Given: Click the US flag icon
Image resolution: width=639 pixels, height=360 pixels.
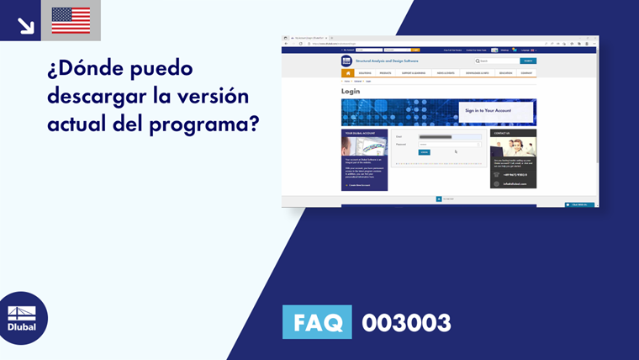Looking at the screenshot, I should pos(71,20).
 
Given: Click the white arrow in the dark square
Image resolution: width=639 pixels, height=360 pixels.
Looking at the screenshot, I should pos(25,24).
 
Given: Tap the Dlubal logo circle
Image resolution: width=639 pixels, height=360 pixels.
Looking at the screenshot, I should pos(22,318).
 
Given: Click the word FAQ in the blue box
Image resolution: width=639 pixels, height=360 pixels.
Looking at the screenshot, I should pos(317,323).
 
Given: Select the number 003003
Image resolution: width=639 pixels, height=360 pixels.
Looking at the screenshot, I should pos(406,323).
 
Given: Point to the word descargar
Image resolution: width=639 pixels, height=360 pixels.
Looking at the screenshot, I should pos(98,96).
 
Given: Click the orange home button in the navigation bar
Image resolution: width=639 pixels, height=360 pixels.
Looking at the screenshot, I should pos(347,73).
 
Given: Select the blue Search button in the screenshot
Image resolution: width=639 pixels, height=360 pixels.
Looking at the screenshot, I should pos(528,61).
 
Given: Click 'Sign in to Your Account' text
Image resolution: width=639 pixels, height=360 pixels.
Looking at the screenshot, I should pos(488,110).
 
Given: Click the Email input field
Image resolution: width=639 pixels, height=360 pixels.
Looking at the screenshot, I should pos(450,136).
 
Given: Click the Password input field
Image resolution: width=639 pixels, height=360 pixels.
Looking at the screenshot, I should pos(450,145).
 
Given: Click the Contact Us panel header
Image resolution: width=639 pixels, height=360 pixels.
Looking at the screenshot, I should pos(513,133).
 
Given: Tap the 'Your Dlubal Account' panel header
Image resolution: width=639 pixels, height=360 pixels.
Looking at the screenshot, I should pos(364,133).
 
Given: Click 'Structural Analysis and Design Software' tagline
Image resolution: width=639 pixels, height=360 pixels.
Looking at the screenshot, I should pos(386,61).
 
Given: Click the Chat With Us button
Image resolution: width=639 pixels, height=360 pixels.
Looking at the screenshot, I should pos(579,204).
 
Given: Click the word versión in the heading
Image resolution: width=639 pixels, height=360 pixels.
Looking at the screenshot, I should pos(217,96).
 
